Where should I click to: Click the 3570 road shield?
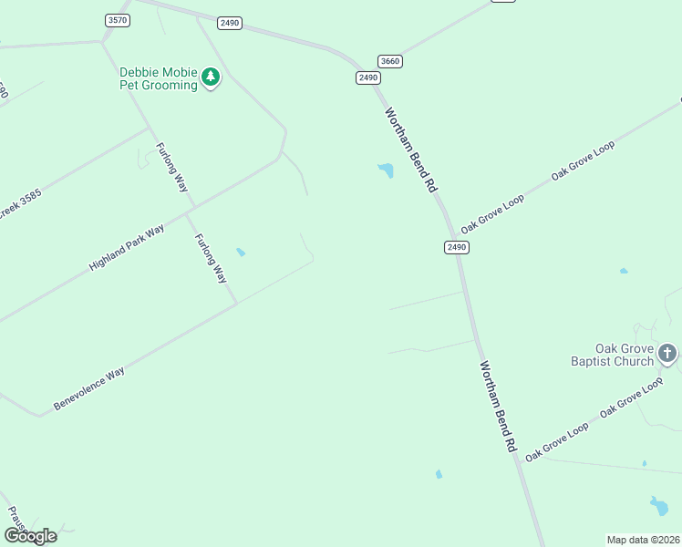[118, 20]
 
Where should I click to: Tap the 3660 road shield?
[390, 61]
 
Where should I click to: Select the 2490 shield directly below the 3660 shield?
[367, 78]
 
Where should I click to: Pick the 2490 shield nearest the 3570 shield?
[230, 23]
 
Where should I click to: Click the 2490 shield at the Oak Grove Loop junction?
[457, 247]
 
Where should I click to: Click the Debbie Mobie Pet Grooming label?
[159, 78]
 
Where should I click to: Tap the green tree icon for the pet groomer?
[212, 77]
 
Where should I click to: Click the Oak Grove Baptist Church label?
[613, 356]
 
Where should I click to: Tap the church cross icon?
[668, 353]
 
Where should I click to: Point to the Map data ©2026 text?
[643, 540]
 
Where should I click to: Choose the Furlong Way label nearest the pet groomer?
[171, 167]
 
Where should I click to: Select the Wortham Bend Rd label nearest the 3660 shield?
[411, 150]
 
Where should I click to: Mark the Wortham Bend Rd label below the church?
[499, 408]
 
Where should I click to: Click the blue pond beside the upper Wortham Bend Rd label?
[387, 170]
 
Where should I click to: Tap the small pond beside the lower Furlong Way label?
[241, 253]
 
